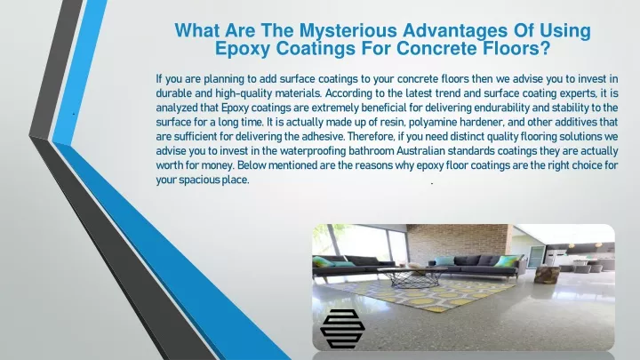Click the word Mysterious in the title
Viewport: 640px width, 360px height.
348,31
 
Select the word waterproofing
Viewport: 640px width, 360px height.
313,151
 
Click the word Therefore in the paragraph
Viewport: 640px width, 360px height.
371,136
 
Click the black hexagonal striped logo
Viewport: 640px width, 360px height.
342,329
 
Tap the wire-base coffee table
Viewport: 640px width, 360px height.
412,276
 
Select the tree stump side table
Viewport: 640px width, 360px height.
546,274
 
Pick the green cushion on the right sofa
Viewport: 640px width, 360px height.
508,260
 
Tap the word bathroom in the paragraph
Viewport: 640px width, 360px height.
371,151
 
